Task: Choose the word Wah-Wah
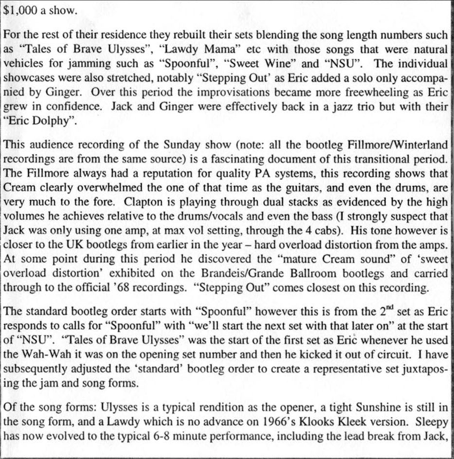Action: pos(46,353)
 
